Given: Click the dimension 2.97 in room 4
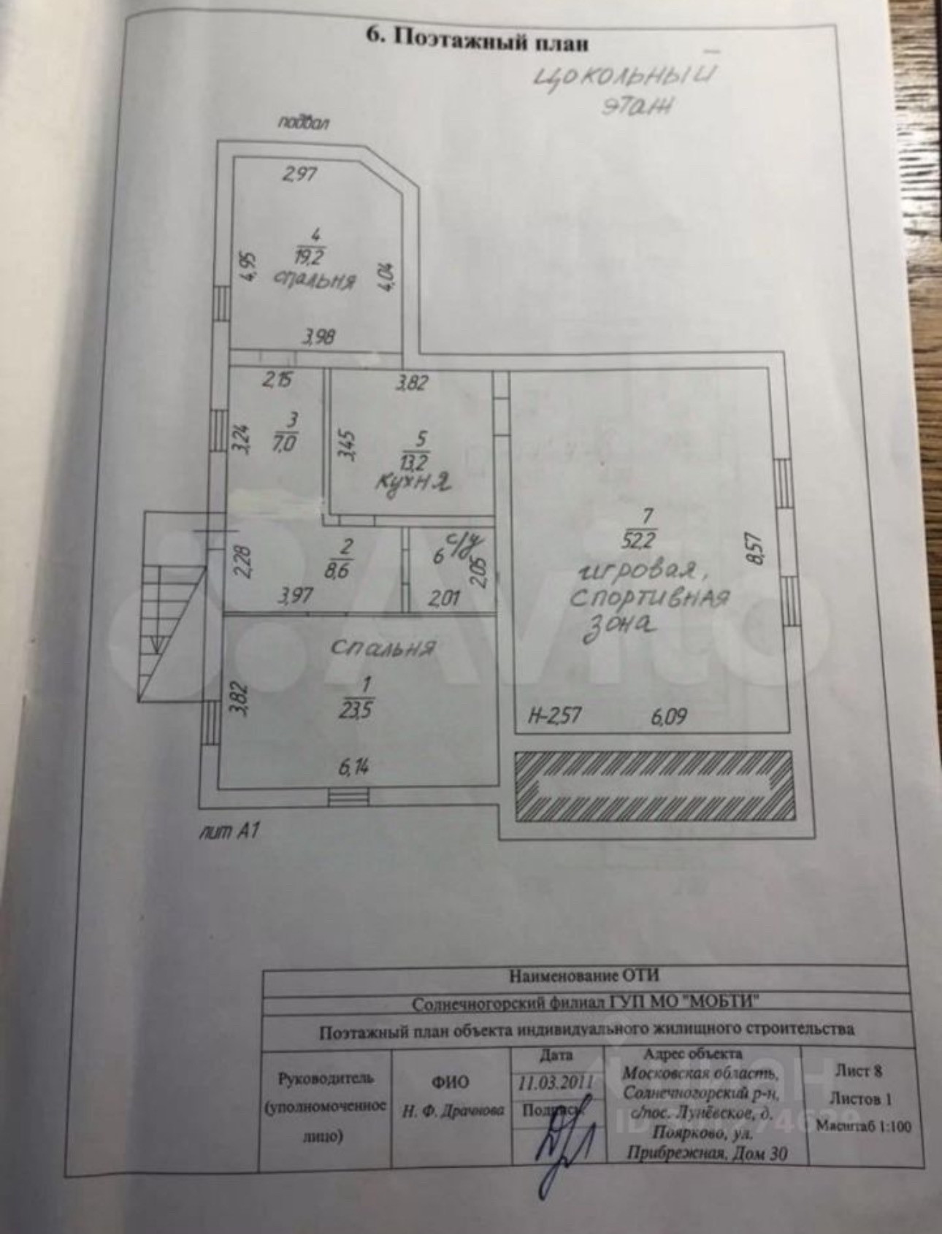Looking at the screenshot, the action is click(299, 175).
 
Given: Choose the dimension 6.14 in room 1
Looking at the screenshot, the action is click(354, 767).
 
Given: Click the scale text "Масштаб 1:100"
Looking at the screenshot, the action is click(864, 1126).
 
